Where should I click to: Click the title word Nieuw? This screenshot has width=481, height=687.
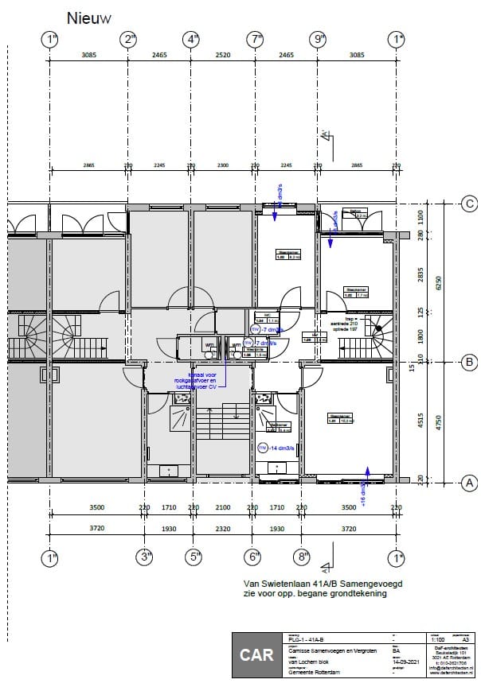tap(89, 17)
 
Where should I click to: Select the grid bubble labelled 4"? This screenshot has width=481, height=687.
tap(192, 39)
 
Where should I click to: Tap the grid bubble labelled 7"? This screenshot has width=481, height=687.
tap(255, 39)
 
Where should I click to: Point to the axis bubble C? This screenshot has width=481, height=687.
tap(469, 204)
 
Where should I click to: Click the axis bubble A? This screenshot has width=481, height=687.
tap(469, 482)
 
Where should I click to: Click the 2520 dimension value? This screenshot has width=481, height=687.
tap(223, 55)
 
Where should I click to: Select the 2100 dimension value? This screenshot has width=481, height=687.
tap(223, 507)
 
